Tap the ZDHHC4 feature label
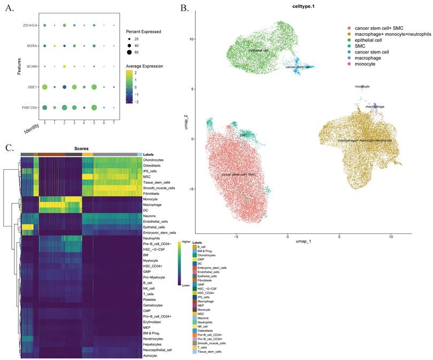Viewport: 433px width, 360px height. point(30,25)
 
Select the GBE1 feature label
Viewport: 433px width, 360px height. point(33,87)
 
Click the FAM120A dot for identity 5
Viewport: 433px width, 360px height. point(94,107)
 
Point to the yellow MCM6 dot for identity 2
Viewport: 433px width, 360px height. point(64,66)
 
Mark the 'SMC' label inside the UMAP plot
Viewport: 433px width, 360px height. point(244,136)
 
